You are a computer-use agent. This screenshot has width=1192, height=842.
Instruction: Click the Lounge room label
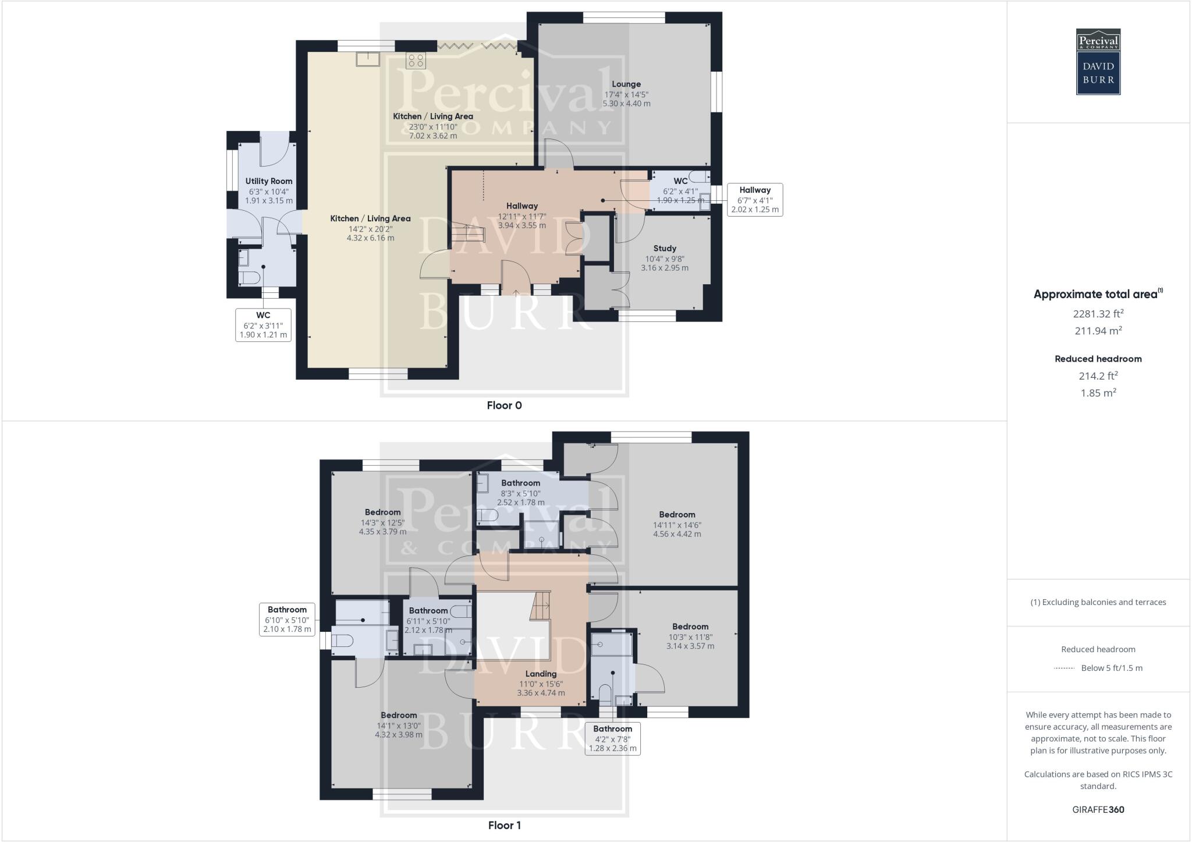(626, 84)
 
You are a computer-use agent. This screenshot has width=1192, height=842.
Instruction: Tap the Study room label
(665, 249)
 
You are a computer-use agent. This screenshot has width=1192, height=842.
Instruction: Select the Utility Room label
(269, 181)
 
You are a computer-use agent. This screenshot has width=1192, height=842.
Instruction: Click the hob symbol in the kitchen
(416, 60)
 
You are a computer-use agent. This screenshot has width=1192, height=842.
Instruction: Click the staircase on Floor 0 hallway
(469, 233)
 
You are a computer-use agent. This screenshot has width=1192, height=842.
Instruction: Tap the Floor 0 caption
(504, 406)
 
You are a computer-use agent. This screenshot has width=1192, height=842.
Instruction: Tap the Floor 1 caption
(504, 825)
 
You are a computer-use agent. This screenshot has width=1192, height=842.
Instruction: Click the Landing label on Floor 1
(541, 674)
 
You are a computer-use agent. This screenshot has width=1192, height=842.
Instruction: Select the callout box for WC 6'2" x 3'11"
(263, 325)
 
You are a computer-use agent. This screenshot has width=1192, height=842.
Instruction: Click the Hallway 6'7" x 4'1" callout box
(755, 200)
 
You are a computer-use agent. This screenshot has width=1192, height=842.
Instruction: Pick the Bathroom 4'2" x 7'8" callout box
(612, 738)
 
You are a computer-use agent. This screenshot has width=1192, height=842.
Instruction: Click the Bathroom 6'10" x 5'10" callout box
(287, 619)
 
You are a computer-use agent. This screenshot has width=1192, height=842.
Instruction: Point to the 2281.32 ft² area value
(1098, 314)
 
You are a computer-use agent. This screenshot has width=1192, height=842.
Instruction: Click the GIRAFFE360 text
(1098, 809)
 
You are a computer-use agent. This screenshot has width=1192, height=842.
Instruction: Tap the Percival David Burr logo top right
(1098, 62)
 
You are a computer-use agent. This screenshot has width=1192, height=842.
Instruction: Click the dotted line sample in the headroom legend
(1064, 668)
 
